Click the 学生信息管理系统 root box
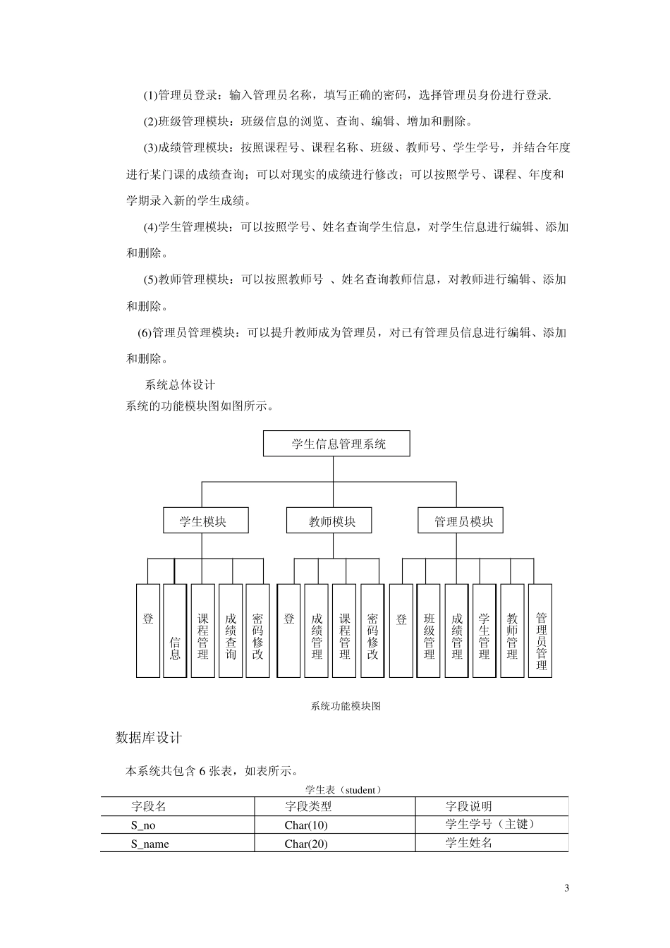pyautogui.click(x=336, y=444)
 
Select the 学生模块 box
pyautogui.click(x=205, y=521)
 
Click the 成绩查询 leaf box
pyautogui.click(x=231, y=631)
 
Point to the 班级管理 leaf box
pyautogui.click(x=429, y=631)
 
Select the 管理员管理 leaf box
pyautogui.click(x=540, y=631)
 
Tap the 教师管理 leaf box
pyautogui.click(x=512, y=631)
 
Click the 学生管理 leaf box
pyautogui.click(x=484, y=631)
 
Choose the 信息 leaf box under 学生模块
pyautogui.click(x=175, y=631)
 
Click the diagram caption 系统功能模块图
pyautogui.click(x=346, y=706)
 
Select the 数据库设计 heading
pyautogui.click(x=149, y=738)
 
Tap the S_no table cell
pyautogui.click(x=143, y=825)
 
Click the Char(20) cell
pyautogui.click(x=306, y=844)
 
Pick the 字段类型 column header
pyautogui.click(x=307, y=806)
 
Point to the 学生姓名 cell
pyautogui.click(x=468, y=842)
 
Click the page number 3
pyautogui.click(x=566, y=888)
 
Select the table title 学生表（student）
pyautogui.click(x=343, y=790)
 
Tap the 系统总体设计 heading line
pyautogui.click(x=180, y=385)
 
